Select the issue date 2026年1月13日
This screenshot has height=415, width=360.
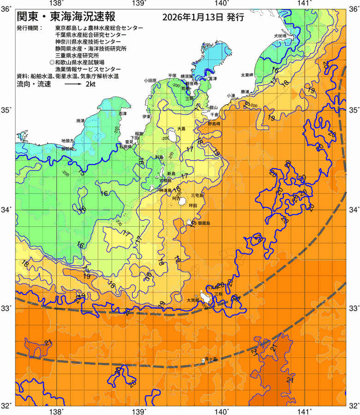click(x=193, y=18)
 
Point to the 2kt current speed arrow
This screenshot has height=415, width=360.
click(x=73, y=85)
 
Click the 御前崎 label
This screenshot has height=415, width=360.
click(x=68, y=149)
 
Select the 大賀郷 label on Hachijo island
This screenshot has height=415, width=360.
click(x=192, y=300)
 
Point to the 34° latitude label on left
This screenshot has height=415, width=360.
click(x=6, y=210)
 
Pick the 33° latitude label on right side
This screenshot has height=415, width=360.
click(x=353, y=308)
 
